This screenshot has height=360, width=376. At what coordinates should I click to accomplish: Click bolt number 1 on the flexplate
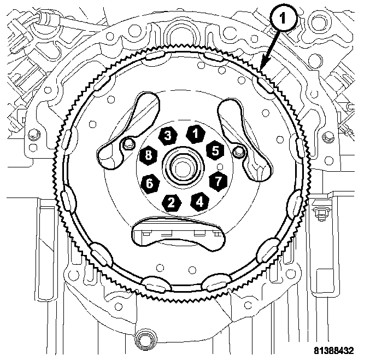(193, 133)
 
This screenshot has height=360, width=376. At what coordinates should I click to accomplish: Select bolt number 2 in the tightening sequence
(172, 202)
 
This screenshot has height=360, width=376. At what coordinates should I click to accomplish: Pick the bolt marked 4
(199, 201)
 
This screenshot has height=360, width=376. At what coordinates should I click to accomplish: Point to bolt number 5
(215, 149)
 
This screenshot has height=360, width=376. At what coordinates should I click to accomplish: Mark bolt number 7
(218, 179)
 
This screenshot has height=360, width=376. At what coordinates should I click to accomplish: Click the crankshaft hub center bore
(181, 168)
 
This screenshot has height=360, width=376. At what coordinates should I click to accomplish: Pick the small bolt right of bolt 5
(237, 150)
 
